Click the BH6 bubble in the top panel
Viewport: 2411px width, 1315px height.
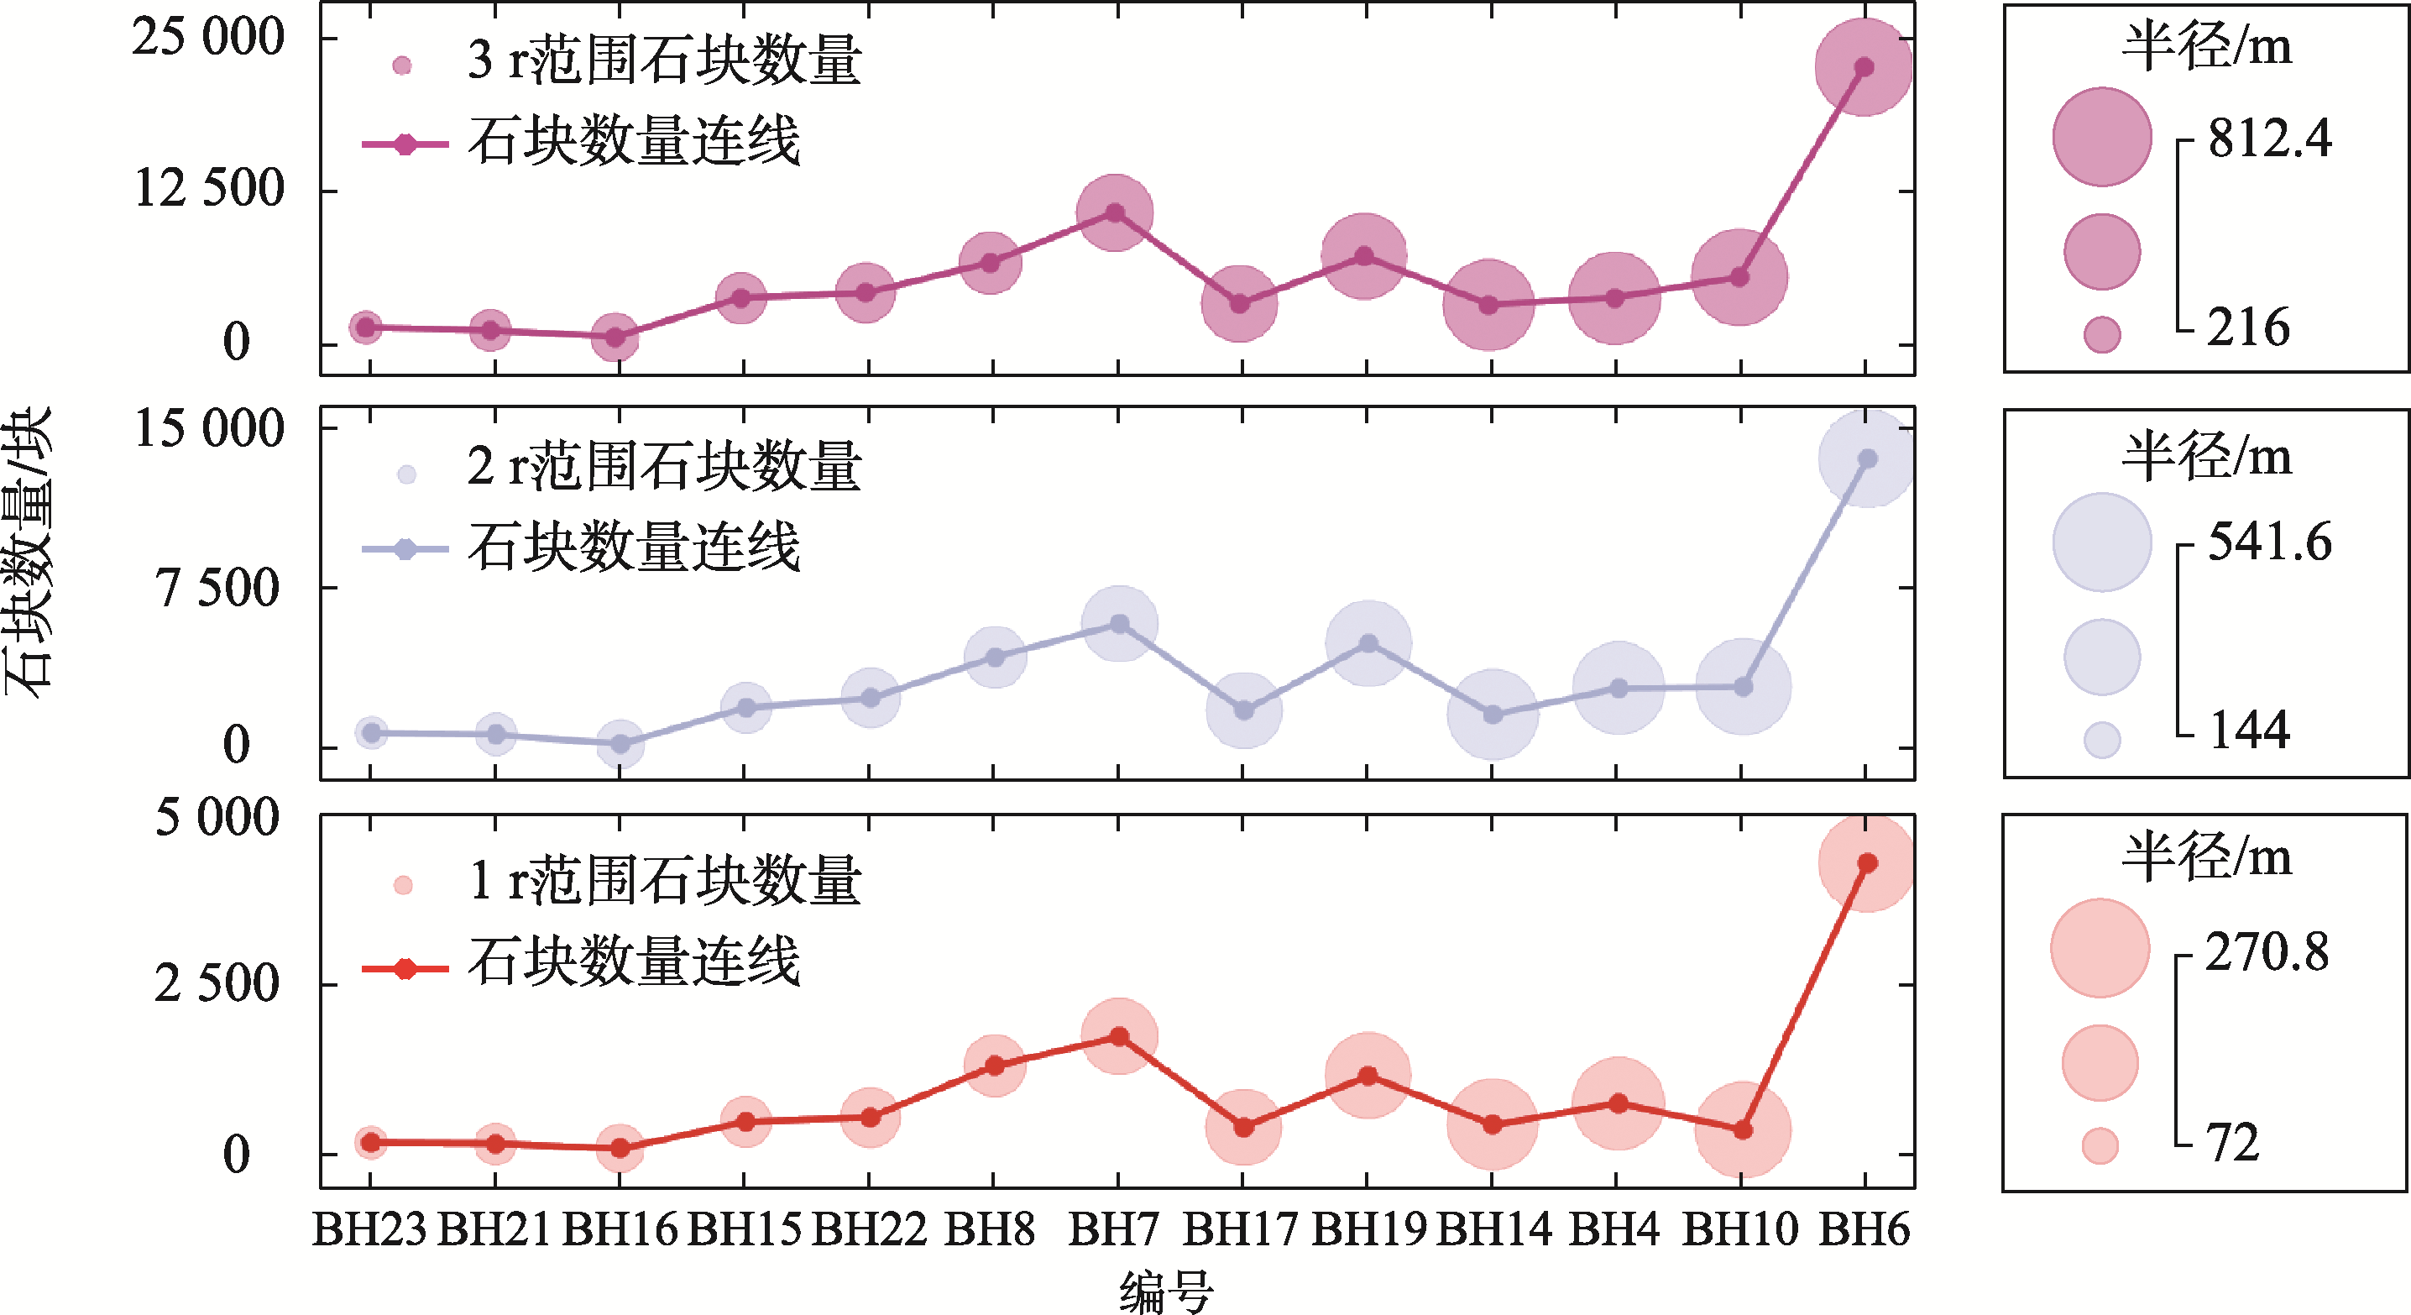click(x=1864, y=67)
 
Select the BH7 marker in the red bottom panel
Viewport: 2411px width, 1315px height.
click(x=1119, y=1036)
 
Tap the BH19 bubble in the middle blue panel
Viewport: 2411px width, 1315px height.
click(x=1368, y=643)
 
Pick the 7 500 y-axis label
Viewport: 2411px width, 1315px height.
click(x=217, y=589)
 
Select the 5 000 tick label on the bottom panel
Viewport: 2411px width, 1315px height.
click(x=217, y=817)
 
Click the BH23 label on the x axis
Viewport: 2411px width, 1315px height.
click(x=369, y=1229)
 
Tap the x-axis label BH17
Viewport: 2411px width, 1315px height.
click(x=1240, y=1229)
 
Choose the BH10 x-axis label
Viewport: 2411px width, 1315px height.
click(x=1740, y=1229)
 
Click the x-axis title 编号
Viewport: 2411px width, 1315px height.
click(x=1166, y=1292)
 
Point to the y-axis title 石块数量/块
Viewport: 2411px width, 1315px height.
click(x=28, y=553)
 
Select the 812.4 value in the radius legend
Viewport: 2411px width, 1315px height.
click(x=2270, y=139)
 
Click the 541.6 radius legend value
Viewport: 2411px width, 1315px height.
click(x=2270, y=542)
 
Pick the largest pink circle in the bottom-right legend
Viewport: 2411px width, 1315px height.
click(x=2100, y=948)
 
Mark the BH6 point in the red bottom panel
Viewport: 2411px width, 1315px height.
click(x=1867, y=863)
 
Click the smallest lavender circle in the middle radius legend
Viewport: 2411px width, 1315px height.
click(x=2102, y=740)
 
